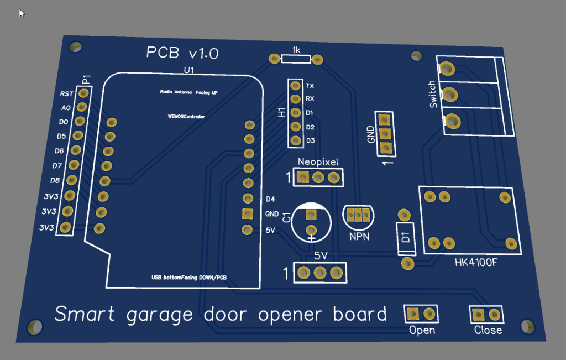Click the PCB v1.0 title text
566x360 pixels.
[x=182, y=53]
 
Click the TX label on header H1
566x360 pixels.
[x=310, y=86]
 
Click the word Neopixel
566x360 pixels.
[x=317, y=162]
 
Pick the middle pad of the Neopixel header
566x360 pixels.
[x=318, y=177]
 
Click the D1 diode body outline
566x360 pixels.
[x=406, y=238]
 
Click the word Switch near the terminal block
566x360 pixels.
[x=433, y=94]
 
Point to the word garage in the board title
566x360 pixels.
[x=160, y=315]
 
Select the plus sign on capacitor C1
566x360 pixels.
[x=311, y=238]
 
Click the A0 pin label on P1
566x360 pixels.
[x=66, y=108]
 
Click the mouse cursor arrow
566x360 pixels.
[x=22, y=13]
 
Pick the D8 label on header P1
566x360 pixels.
[x=55, y=180]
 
